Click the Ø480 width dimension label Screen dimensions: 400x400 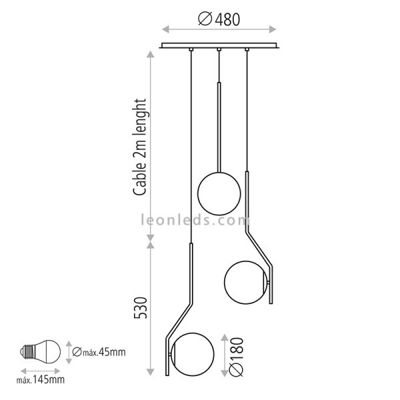pyautogui.click(x=219, y=19)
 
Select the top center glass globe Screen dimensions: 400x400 pyautogui.click(x=219, y=192)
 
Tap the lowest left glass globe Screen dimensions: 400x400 pyautogui.click(x=193, y=352)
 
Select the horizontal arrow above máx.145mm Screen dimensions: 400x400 pyautogui.click(x=41, y=371)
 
